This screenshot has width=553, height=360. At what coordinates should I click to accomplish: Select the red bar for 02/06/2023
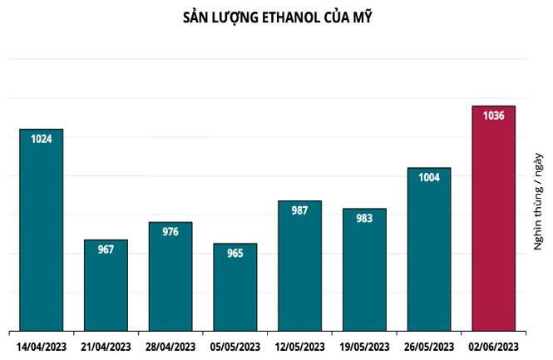(493, 224)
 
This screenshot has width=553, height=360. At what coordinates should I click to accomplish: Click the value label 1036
(494, 116)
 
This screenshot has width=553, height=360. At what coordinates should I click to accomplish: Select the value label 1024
(42, 139)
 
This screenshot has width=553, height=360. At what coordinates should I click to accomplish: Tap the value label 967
(106, 249)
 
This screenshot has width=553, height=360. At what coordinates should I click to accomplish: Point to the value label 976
(170, 232)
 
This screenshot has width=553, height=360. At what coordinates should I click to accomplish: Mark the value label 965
(235, 253)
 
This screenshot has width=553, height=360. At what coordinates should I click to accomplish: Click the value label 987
(299, 210)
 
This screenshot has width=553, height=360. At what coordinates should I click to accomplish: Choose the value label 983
(364, 218)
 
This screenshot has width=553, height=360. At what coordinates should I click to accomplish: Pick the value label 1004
(429, 177)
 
